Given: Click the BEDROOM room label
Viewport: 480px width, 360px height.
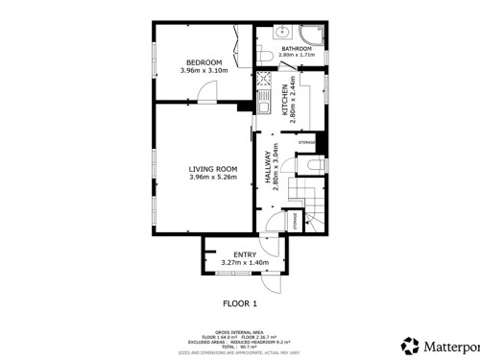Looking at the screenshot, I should tap(204, 62).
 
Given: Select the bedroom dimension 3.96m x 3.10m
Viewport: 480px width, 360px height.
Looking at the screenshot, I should tap(204, 71).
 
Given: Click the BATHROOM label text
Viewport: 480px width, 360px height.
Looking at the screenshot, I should tap(296, 48).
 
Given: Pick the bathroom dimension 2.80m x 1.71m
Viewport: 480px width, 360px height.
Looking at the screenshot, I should tap(296, 56).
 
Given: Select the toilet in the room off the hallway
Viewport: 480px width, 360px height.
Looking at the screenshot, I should tap(316, 168).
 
